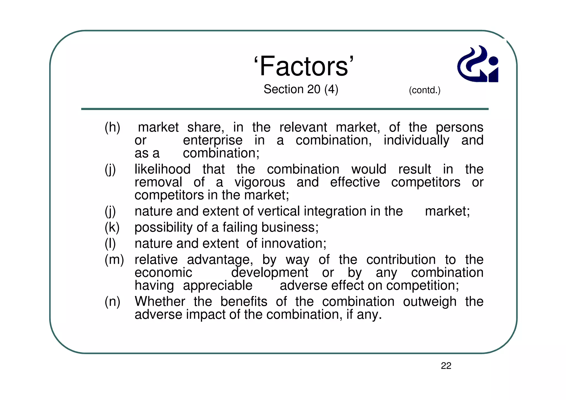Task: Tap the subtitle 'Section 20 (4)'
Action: click(301, 89)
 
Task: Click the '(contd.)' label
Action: click(424, 90)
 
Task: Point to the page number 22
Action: click(446, 366)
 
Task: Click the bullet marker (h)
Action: click(112, 128)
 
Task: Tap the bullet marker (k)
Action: click(112, 228)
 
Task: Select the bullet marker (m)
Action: click(114, 260)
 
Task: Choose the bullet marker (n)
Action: click(112, 302)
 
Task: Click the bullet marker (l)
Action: click(110, 244)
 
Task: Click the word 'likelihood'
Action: click(163, 169)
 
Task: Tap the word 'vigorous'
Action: click(260, 182)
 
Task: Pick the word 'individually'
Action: click(416, 140)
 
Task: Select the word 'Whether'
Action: click(160, 302)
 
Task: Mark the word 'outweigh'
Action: click(429, 302)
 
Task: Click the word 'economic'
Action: click(163, 273)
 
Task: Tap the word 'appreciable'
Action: click(218, 286)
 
